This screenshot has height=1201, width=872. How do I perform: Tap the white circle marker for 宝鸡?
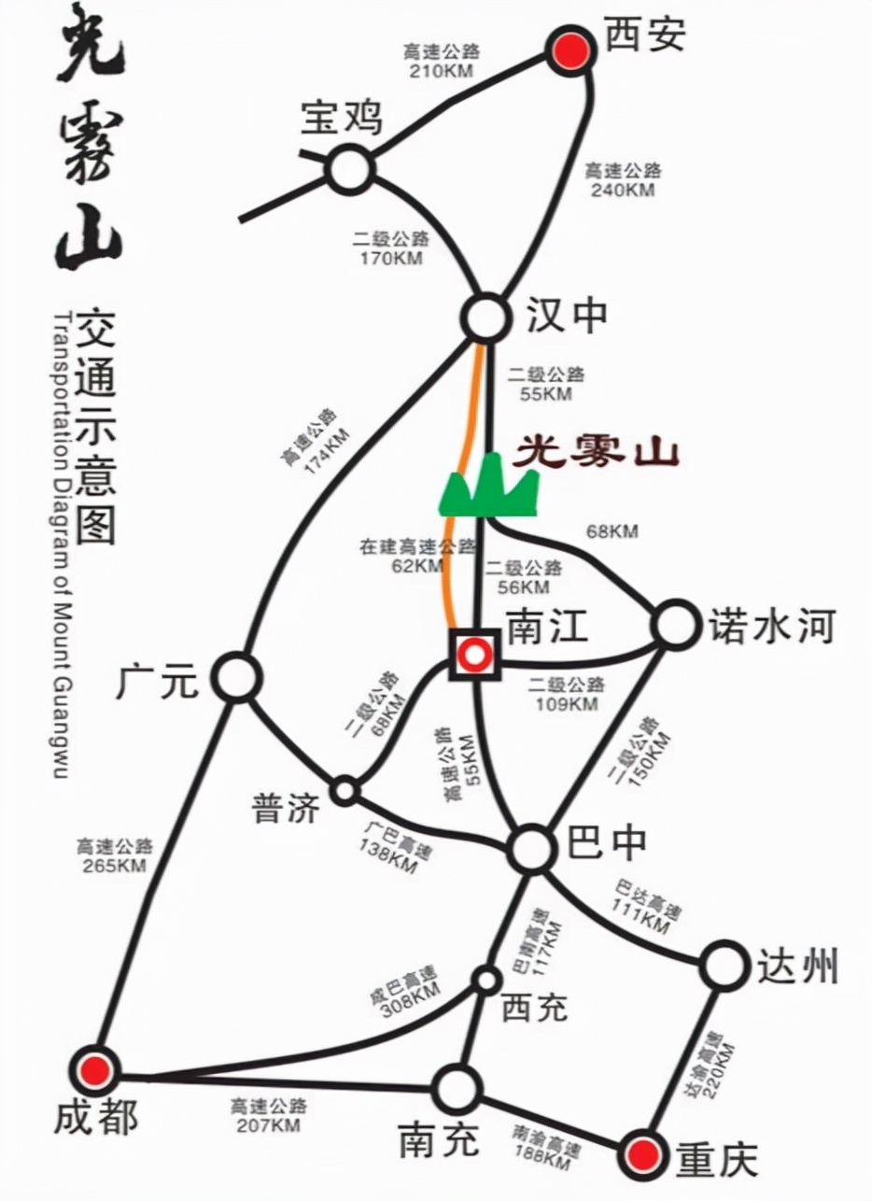pos(350,170)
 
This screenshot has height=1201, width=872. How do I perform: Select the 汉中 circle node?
pos(486,318)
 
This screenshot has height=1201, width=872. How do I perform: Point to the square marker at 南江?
pos(475,656)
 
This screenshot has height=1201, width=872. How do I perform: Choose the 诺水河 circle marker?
pos(675,625)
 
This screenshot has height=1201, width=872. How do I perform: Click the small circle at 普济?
pos(345,790)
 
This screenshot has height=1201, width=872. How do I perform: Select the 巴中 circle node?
pos(532,848)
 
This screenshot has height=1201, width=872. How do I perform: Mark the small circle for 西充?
pos(485,979)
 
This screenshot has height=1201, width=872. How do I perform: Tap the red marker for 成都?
pos(96,1068)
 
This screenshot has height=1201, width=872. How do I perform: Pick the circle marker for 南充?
pos(457,1088)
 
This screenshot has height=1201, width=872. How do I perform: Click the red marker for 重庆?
pos(646,1151)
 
